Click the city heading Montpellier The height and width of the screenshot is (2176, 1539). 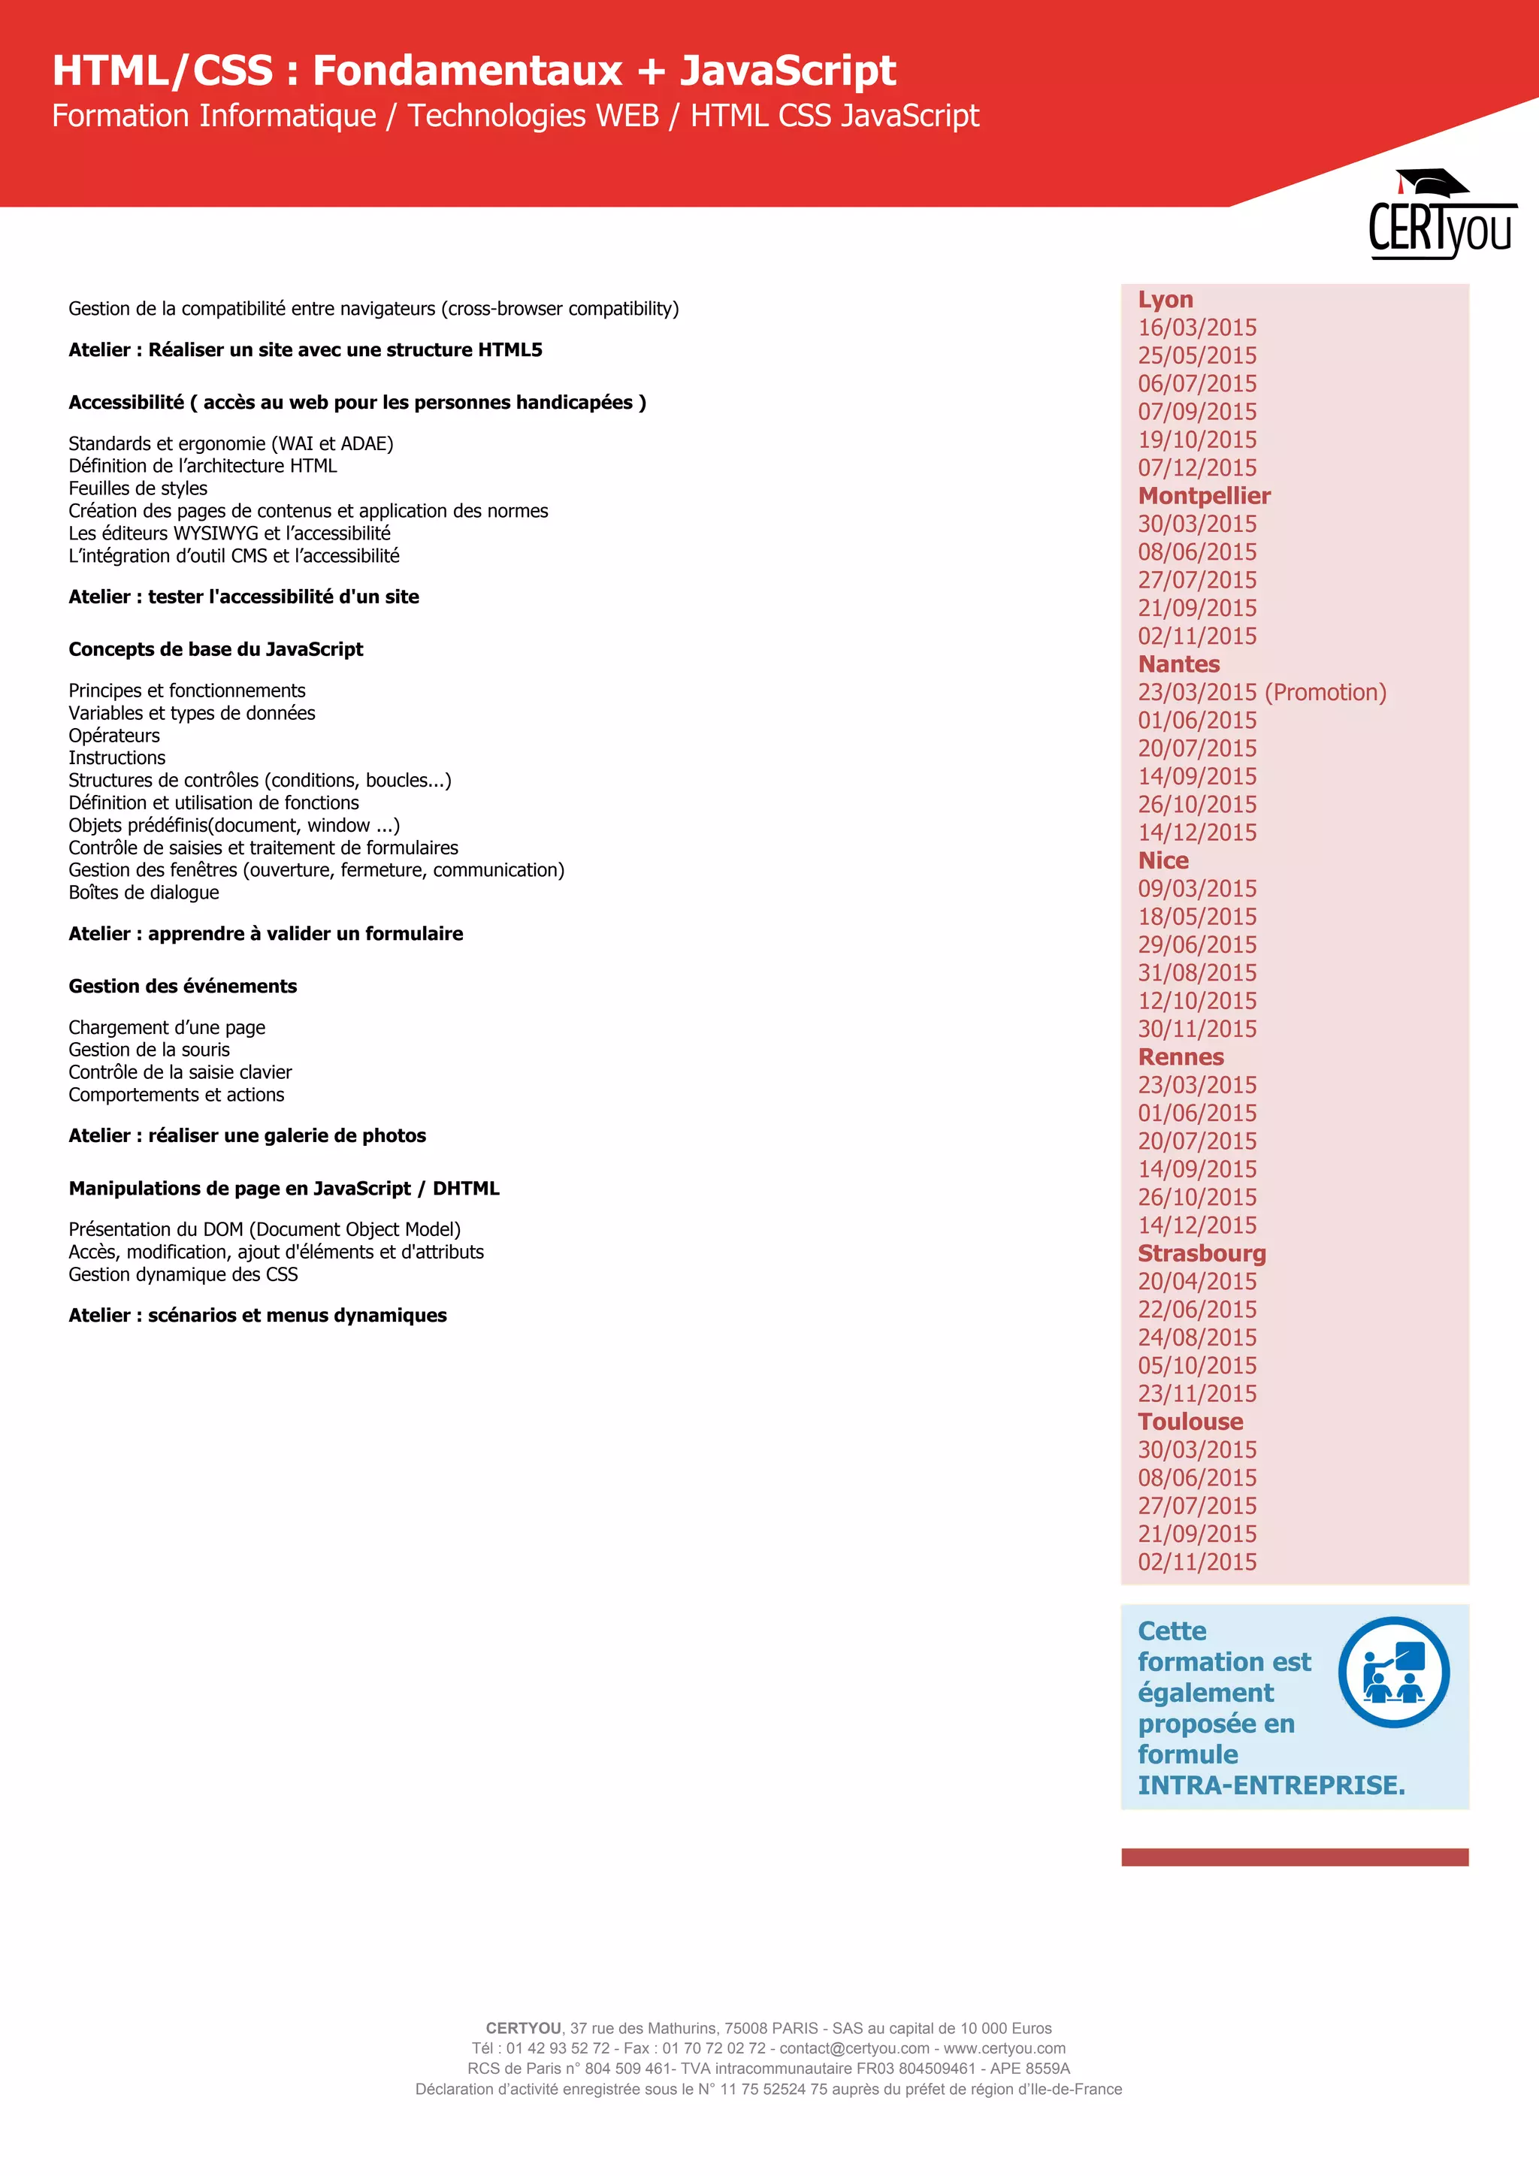tap(1204, 496)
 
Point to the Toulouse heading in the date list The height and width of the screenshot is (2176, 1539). tap(1190, 1422)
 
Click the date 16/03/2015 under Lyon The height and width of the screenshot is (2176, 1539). tap(1197, 328)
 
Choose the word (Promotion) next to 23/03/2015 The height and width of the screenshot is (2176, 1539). tap(1325, 693)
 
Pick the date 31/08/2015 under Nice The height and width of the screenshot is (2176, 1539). tap(1197, 973)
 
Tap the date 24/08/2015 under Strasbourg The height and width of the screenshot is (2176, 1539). tap(1197, 1337)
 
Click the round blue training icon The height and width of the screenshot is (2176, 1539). tap(1393, 1673)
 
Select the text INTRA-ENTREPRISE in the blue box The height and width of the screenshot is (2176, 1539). tap(1270, 1785)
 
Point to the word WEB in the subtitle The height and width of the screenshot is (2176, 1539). tap(627, 116)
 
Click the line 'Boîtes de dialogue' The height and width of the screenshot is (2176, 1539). tap(144, 893)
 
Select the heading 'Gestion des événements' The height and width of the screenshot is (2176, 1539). tap(183, 987)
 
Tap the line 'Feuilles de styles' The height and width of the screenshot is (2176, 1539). tap(138, 489)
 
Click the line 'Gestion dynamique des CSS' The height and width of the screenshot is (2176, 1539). tap(183, 1274)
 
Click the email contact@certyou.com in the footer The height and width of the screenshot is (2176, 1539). tap(854, 2048)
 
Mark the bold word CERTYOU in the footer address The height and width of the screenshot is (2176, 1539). tap(523, 2028)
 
